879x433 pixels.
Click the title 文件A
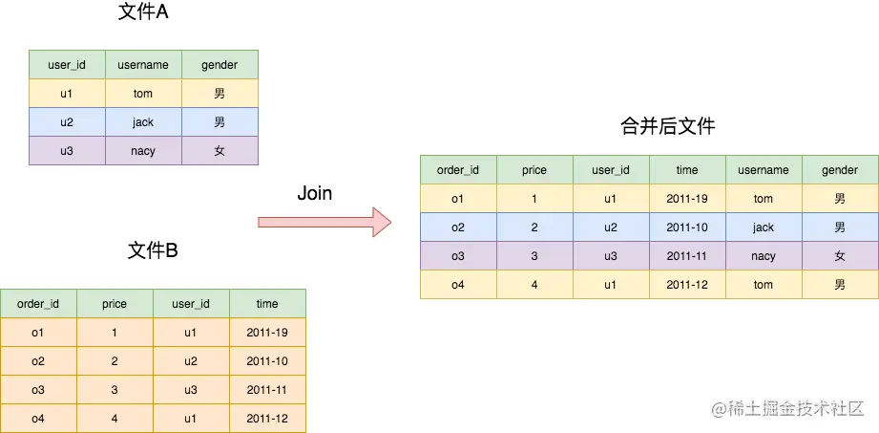click(143, 13)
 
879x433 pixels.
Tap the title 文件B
click(153, 251)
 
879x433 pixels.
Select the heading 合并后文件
click(667, 127)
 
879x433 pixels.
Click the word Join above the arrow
click(315, 193)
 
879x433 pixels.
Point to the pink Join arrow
click(324, 222)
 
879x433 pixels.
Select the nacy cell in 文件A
click(143, 151)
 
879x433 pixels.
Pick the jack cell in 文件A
click(143, 122)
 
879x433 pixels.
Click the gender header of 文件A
click(220, 65)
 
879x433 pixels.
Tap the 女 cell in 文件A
click(220, 151)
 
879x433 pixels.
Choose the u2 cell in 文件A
click(67, 122)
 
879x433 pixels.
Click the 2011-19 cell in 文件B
click(267, 333)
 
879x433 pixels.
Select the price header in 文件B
click(115, 304)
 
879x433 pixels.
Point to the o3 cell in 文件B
click(38, 390)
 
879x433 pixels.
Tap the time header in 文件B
click(267, 304)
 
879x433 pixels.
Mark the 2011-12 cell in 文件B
click(267, 419)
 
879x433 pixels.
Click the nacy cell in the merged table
click(764, 256)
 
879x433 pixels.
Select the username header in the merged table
click(764, 170)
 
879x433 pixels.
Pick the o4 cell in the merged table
click(458, 285)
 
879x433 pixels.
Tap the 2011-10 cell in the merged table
click(687, 227)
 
